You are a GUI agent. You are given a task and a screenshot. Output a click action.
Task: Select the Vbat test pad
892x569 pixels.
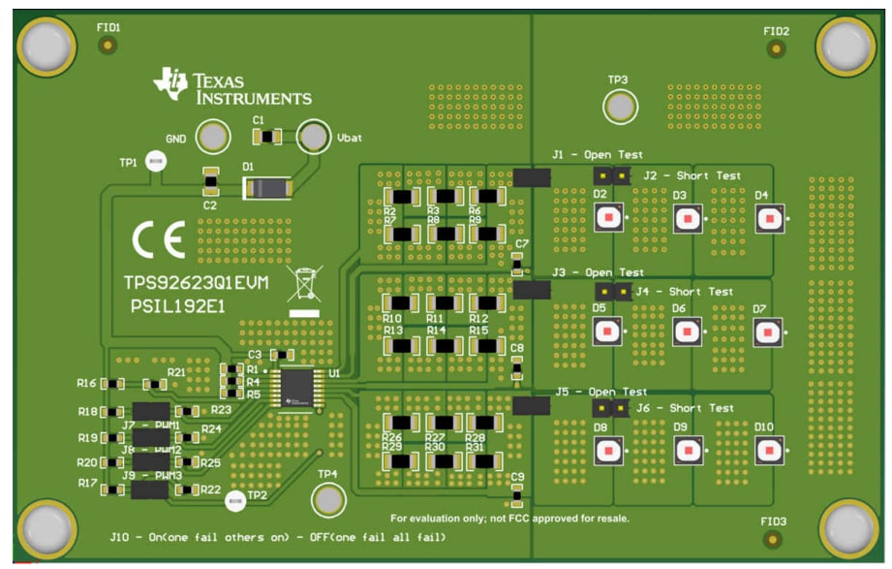coord(313,138)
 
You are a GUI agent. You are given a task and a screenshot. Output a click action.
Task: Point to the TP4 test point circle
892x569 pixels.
coord(327,500)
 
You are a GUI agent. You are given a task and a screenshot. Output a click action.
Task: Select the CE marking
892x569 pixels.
coord(159,241)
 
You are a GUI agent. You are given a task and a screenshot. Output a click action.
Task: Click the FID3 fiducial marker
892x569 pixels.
coord(773,539)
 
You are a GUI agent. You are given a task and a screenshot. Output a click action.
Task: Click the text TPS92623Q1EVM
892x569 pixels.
coord(196,282)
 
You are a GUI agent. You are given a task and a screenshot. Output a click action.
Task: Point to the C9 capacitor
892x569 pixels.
coord(516,497)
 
